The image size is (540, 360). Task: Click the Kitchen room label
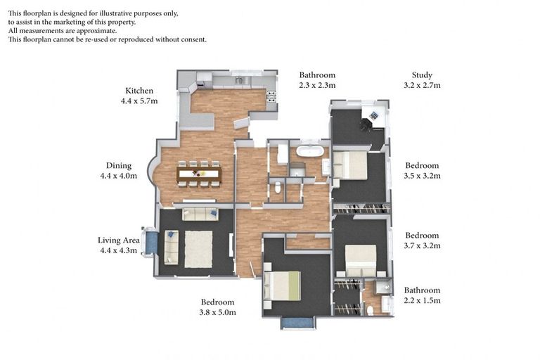point(139,91)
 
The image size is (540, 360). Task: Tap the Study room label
point(422,75)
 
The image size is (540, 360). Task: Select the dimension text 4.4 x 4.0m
point(118,176)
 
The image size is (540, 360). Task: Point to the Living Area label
point(119,240)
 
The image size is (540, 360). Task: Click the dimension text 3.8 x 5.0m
point(218,312)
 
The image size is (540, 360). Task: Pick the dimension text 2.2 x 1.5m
point(422,300)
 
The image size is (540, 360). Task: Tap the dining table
point(199,174)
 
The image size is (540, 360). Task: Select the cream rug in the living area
point(198,249)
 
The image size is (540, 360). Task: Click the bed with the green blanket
point(283,286)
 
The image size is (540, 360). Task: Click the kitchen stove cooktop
point(271,96)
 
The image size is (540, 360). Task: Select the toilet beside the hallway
point(278,188)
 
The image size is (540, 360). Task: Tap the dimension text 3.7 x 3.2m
point(422,245)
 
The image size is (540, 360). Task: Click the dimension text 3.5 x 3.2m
point(422,176)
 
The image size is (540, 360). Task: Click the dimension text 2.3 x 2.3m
point(317,85)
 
